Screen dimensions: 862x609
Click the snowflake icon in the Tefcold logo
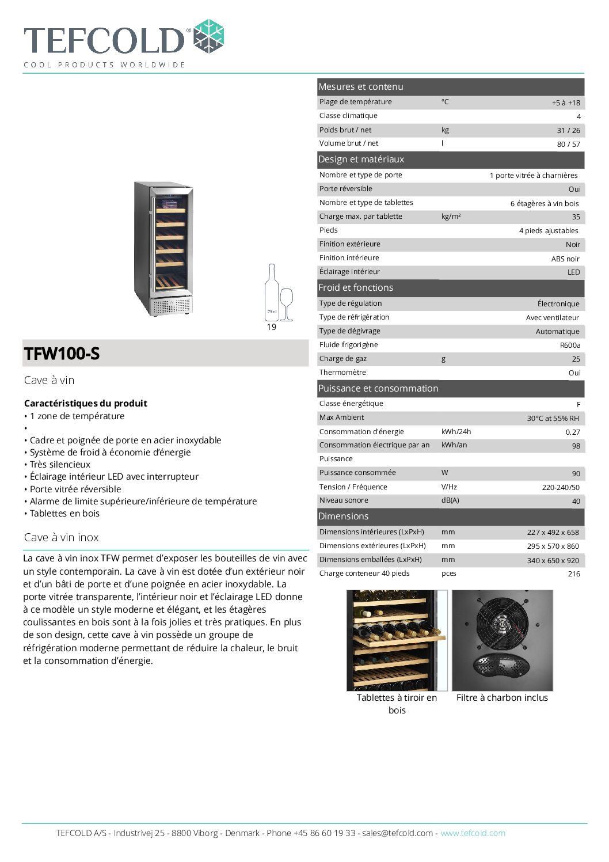(x=208, y=36)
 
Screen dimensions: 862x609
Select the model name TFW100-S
(x=62, y=354)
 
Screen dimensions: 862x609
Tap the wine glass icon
(x=286, y=303)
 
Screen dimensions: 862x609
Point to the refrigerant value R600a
(x=570, y=345)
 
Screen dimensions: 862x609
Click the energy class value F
(x=578, y=404)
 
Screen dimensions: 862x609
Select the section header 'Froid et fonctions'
(x=356, y=287)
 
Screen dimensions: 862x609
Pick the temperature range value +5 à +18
(x=566, y=102)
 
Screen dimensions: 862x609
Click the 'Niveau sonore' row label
(x=344, y=500)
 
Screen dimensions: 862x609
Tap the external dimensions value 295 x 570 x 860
(x=553, y=546)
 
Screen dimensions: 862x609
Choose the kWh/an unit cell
(x=454, y=445)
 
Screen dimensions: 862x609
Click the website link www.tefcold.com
(x=473, y=833)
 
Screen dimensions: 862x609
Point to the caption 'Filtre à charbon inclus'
(x=502, y=697)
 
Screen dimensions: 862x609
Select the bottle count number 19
(x=272, y=327)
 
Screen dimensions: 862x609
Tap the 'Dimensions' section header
(x=343, y=516)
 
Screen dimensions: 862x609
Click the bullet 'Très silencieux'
(x=60, y=464)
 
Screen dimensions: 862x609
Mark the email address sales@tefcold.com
(x=397, y=833)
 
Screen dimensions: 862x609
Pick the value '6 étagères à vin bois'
(x=545, y=203)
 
